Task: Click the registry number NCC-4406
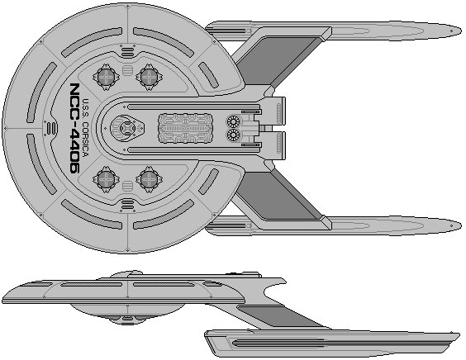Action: (x=75, y=128)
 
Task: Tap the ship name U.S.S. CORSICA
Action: (x=86, y=128)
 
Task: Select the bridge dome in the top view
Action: (x=127, y=128)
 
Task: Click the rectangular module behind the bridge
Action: (x=186, y=128)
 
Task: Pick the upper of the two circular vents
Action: (x=233, y=121)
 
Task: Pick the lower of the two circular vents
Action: (x=233, y=135)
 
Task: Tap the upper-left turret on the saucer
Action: (x=106, y=77)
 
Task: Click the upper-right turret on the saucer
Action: (x=149, y=77)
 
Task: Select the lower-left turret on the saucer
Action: (x=106, y=179)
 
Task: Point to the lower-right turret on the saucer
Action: (x=149, y=179)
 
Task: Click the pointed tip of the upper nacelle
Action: (x=461, y=31)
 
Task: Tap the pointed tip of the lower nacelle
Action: (x=461, y=225)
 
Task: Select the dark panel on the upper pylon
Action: (x=277, y=61)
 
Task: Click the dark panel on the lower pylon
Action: (x=277, y=196)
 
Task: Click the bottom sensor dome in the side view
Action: (x=128, y=320)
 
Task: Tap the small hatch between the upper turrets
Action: (x=127, y=71)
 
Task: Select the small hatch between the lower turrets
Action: (x=127, y=186)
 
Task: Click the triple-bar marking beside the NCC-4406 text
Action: (x=52, y=128)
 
